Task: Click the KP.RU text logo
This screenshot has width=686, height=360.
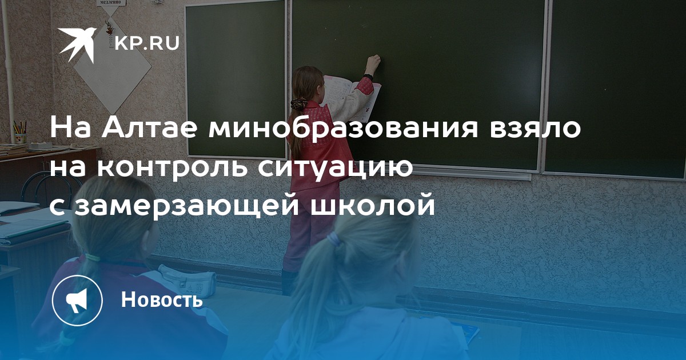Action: click(147, 43)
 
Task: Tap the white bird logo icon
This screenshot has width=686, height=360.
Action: click(77, 45)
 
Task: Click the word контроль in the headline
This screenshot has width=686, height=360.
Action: click(173, 169)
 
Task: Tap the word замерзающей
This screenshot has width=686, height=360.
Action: click(187, 207)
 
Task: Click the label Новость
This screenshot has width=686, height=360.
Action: click(162, 299)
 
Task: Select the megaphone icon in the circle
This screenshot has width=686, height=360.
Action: click(77, 301)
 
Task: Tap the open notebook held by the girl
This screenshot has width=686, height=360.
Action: click(352, 97)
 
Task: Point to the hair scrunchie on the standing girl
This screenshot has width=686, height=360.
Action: click(298, 104)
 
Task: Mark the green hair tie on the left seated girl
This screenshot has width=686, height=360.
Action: click(93, 257)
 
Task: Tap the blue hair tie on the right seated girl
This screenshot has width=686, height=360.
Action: click(333, 239)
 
